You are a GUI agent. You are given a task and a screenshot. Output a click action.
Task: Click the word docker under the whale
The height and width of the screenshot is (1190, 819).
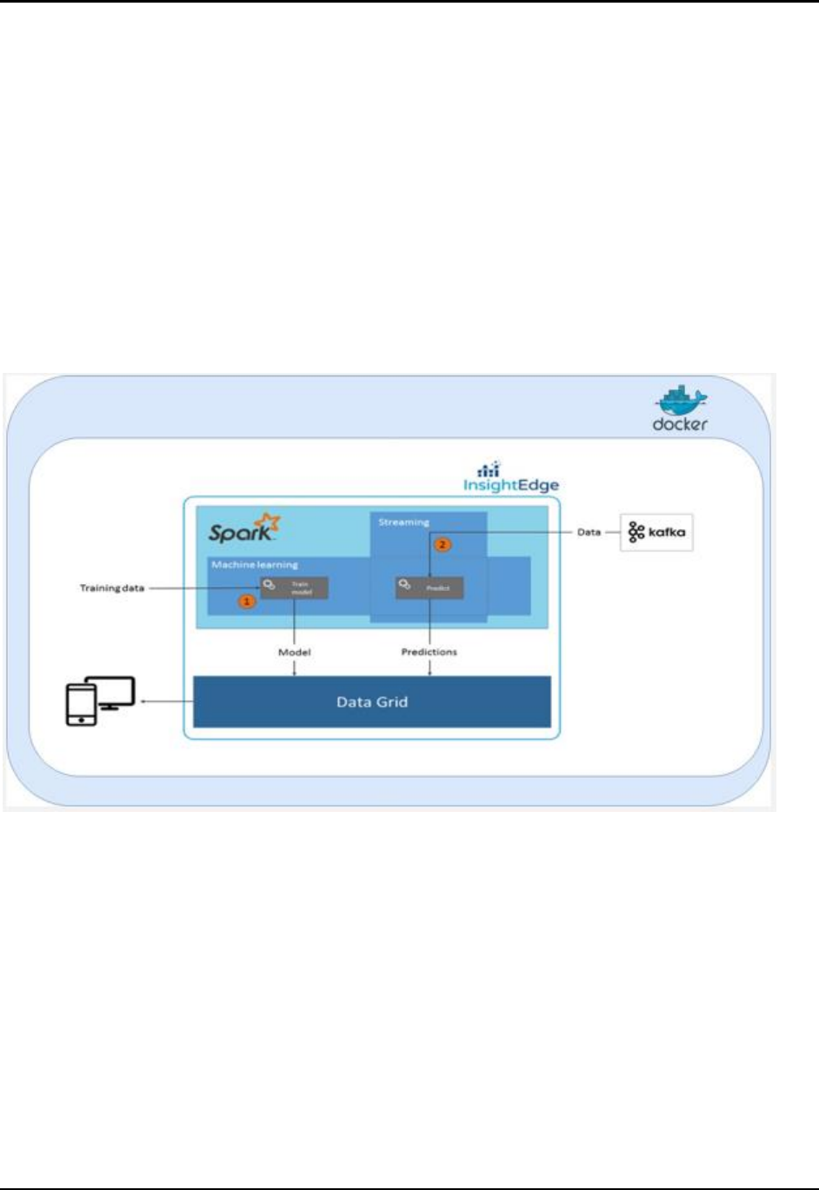(x=680, y=424)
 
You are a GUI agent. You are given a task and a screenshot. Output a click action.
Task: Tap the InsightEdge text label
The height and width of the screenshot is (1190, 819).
(x=511, y=485)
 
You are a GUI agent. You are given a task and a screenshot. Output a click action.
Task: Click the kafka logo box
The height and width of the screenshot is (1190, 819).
(x=656, y=532)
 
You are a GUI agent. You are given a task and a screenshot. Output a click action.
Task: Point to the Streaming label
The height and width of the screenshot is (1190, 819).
(x=403, y=522)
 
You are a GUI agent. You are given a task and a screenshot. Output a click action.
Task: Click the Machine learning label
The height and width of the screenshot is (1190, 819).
(x=255, y=564)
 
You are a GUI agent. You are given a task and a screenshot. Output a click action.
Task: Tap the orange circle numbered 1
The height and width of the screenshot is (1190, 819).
(x=248, y=601)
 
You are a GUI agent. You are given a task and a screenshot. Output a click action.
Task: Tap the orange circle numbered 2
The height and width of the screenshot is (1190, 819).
(x=443, y=545)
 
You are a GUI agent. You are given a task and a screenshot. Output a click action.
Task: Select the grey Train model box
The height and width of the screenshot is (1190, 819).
(x=295, y=588)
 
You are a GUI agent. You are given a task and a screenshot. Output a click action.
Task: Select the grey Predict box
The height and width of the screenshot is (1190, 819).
(x=429, y=588)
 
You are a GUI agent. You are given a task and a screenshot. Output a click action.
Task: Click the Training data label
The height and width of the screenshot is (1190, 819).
(x=112, y=588)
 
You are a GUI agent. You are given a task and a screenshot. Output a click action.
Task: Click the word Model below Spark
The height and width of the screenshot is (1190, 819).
(x=295, y=652)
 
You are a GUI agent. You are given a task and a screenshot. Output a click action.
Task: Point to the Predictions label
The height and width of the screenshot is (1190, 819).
(x=429, y=652)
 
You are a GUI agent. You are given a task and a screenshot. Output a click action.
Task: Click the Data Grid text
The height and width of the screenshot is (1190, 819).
(x=372, y=701)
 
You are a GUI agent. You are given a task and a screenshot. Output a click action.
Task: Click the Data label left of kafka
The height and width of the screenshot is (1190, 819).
(x=589, y=532)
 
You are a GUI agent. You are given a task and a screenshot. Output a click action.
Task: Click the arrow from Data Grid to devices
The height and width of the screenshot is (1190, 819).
(x=165, y=701)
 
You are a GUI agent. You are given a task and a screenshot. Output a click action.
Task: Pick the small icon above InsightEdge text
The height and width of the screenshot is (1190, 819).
(x=489, y=469)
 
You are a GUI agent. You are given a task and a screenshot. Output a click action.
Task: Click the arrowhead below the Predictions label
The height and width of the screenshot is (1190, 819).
(x=429, y=672)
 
